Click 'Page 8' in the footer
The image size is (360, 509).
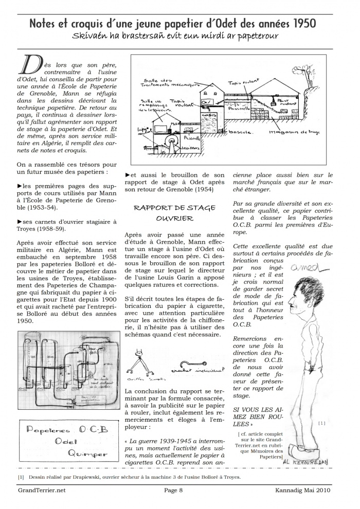(x=173, y=490)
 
